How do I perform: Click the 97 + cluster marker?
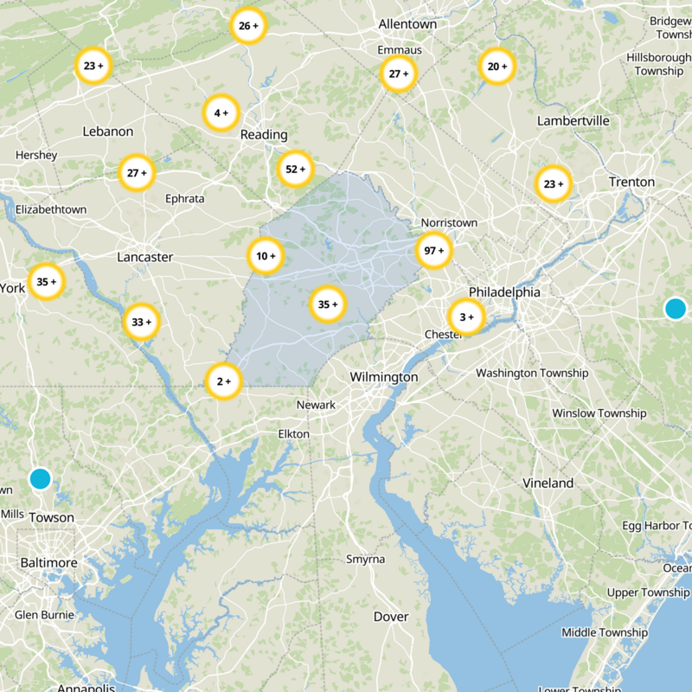click(x=434, y=251)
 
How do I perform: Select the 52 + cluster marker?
click(x=296, y=170)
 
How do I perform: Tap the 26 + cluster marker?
click(x=248, y=26)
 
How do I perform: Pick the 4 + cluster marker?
click(x=221, y=112)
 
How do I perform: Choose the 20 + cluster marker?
click(x=497, y=67)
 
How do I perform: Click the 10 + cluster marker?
click(x=266, y=256)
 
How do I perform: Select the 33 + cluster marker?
click(x=141, y=322)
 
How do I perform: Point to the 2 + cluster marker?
click(x=224, y=381)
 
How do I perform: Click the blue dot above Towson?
click(x=40, y=478)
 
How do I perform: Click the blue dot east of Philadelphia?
click(x=675, y=308)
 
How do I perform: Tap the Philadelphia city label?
click(x=504, y=292)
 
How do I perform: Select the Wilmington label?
click(x=383, y=377)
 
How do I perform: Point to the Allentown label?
click(x=407, y=24)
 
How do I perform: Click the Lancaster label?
click(x=145, y=257)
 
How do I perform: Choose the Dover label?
click(x=390, y=617)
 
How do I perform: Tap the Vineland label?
click(x=548, y=483)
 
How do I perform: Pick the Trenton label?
click(x=631, y=183)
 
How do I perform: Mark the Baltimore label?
click(x=49, y=563)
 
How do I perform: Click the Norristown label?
click(x=449, y=223)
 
